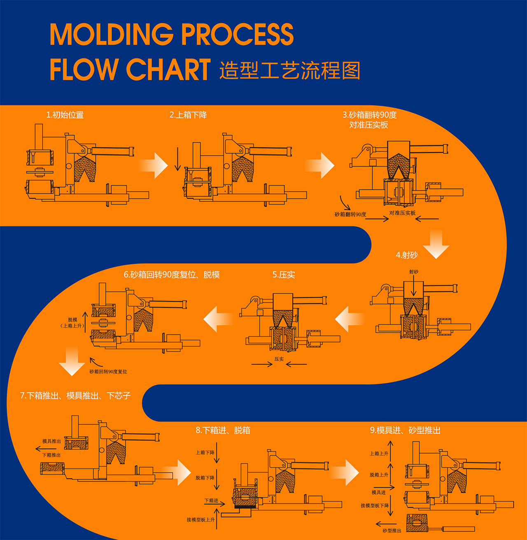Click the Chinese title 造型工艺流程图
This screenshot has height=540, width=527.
pos(289,70)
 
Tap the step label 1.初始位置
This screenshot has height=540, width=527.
pos(65,115)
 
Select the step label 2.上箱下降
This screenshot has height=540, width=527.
pos(188,115)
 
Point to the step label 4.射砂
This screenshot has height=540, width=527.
pos(406,255)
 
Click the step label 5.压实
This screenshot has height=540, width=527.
pos(284,275)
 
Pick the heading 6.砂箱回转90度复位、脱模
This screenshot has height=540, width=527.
pos(172,275)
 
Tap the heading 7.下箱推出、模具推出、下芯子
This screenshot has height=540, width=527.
pos(75,396)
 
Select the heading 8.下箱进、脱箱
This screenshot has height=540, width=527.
pos(223,430)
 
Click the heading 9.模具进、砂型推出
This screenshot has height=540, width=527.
pos(405,430)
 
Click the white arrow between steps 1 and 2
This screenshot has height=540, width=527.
pos(154,165)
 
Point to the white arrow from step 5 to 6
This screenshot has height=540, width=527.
pos(218,319)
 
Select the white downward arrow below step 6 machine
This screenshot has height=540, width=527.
pos(72,361)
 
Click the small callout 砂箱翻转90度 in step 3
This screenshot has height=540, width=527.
pos(350,214)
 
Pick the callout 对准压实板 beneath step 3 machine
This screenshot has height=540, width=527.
pos(402,213)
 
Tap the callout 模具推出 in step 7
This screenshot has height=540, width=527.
pos(51,441)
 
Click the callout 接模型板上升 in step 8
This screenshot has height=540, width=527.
pos(201,520)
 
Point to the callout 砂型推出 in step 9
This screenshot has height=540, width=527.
pos(392,531)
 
